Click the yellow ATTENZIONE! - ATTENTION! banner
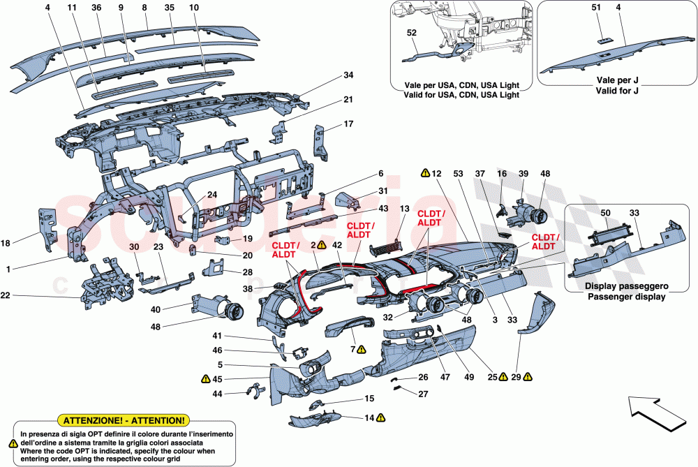point(124,420)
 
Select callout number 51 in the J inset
point(595,8)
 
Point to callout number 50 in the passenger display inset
point(605,212)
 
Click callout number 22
point(6,296)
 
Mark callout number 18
point(6,244)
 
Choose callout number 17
point(348,125)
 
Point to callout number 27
point(423,394)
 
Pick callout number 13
point(404,209)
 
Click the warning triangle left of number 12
point(425,172)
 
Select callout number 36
point(96,8)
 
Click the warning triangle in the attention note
point(13,443)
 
